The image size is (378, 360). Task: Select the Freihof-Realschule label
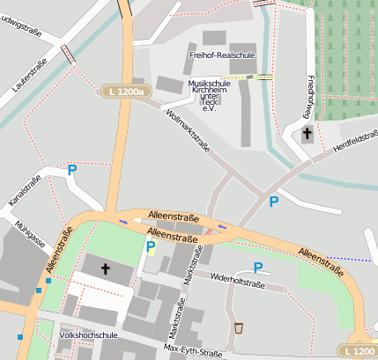pos(221,55)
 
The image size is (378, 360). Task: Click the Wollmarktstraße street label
pos(187,129)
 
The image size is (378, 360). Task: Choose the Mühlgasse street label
pos(29,237)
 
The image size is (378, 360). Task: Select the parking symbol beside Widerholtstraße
pos(257,267)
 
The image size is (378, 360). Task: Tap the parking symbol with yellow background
pos(150,247)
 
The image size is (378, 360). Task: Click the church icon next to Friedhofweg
pos(307,134)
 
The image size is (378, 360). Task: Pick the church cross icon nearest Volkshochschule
pos(105,267)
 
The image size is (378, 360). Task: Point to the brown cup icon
pos(238,328)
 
